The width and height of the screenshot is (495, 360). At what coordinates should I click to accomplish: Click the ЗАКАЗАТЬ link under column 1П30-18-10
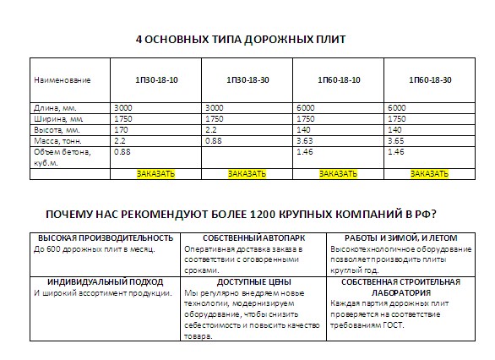(x=155, y=173)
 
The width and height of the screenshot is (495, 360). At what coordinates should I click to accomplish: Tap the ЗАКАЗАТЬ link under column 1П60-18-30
(x=429, y=173)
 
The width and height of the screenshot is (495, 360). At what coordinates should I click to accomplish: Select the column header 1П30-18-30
(x=247, y=79)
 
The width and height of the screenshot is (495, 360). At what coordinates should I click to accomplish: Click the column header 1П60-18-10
(x=339, y=79)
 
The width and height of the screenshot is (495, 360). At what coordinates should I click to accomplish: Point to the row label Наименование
(x=62, y=79)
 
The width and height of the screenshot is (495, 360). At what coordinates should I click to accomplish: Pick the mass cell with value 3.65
(x=396, y=140)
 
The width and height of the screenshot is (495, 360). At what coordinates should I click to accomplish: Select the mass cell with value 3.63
(x=305, y=140)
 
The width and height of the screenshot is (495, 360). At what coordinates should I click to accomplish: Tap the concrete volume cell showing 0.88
(x=122, y=151)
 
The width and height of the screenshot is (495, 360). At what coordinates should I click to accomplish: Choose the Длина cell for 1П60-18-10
(x=306, y=108)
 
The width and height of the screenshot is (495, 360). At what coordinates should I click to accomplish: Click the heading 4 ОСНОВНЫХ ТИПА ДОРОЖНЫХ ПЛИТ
(x=241, y=40)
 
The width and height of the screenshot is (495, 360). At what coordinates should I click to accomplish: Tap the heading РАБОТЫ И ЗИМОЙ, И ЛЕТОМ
(x=402, y=238)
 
